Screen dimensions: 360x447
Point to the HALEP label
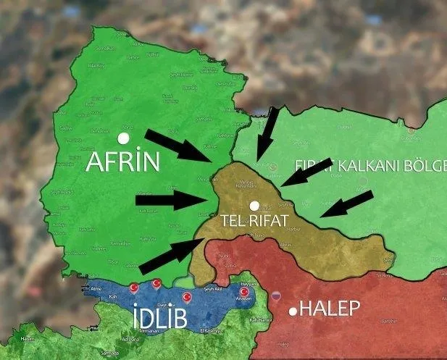pos(330,309)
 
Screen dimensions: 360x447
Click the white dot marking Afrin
pos(124,137)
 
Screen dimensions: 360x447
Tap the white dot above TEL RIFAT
pos(253,205)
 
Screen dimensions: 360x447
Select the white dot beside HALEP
pos(293,311)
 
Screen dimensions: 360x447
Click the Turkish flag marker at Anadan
pos(244,293)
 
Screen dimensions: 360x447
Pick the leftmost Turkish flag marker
pos(133,288)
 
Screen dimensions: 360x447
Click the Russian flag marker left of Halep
pos(275,297)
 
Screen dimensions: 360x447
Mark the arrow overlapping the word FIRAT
pos(306,171)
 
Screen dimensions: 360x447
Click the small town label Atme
pos(96,288)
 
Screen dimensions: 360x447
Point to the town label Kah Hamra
pos(259,319)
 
